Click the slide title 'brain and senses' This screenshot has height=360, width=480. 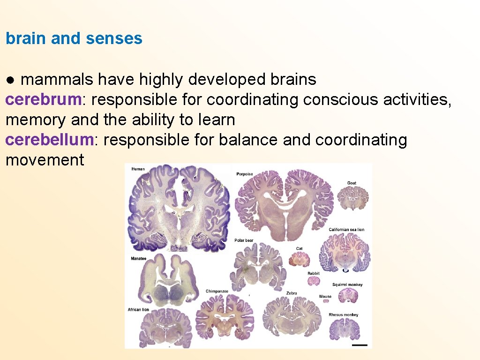pos(74,38)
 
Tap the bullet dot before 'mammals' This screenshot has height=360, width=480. pos(10,80)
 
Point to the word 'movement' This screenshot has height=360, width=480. pos(45,160)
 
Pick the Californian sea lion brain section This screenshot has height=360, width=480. pos(345,253)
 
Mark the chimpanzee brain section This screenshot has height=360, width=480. pos(225,316)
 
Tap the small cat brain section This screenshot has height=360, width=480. pos(299,258)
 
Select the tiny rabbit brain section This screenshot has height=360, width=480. pos(313,281)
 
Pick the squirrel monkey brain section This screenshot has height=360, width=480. pos(347,295)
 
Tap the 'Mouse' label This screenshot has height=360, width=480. pos(325,296)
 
